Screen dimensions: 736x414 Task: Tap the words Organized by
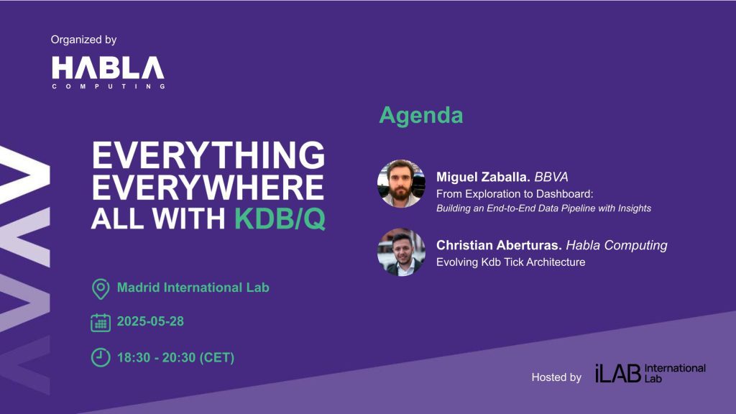(83, 40)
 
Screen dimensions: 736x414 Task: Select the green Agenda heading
(421, 116)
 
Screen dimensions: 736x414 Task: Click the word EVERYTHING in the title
(208, 155)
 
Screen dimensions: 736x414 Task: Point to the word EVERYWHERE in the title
(208, 188)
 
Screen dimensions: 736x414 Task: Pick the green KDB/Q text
(280, 218)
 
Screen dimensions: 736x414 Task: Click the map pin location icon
(101, 289)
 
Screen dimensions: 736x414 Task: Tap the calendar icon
(101, 323)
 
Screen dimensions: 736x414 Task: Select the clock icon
(101, 358)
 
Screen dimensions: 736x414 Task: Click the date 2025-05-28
(150, 321)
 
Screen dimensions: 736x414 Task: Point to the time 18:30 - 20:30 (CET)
(175, 358)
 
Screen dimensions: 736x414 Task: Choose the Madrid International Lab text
(193, 287)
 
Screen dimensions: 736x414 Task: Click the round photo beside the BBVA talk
(401, 183)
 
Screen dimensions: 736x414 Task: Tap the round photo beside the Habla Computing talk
(401, 252)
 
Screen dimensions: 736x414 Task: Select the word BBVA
(551, 177)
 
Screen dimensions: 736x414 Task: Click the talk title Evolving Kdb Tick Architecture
(511, 262)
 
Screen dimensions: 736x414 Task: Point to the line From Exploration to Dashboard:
(515, 194)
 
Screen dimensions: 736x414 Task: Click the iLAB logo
(650, 374)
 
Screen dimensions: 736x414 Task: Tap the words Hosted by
(556, 377)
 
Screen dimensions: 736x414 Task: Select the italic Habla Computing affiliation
(616, 246)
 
